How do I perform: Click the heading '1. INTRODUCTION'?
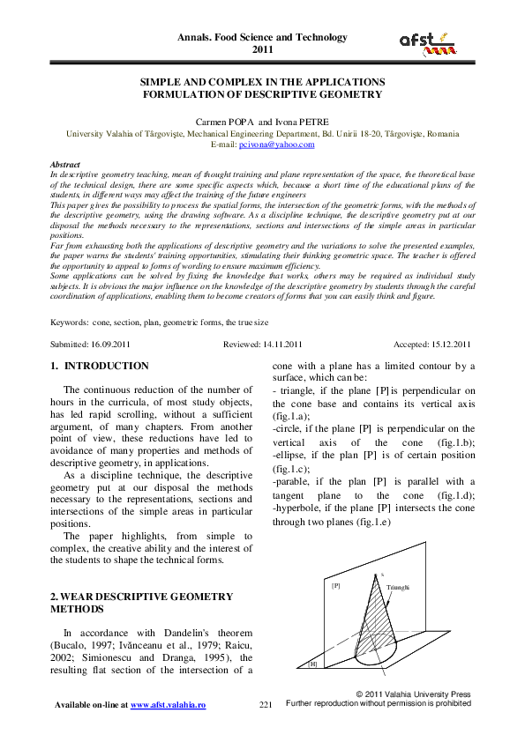click(x=100, y=366)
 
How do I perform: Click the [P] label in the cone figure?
click(x=335, y=584)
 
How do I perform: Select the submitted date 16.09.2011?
click(x=109, y=344)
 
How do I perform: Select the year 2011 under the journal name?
click(x=263, y=50)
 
